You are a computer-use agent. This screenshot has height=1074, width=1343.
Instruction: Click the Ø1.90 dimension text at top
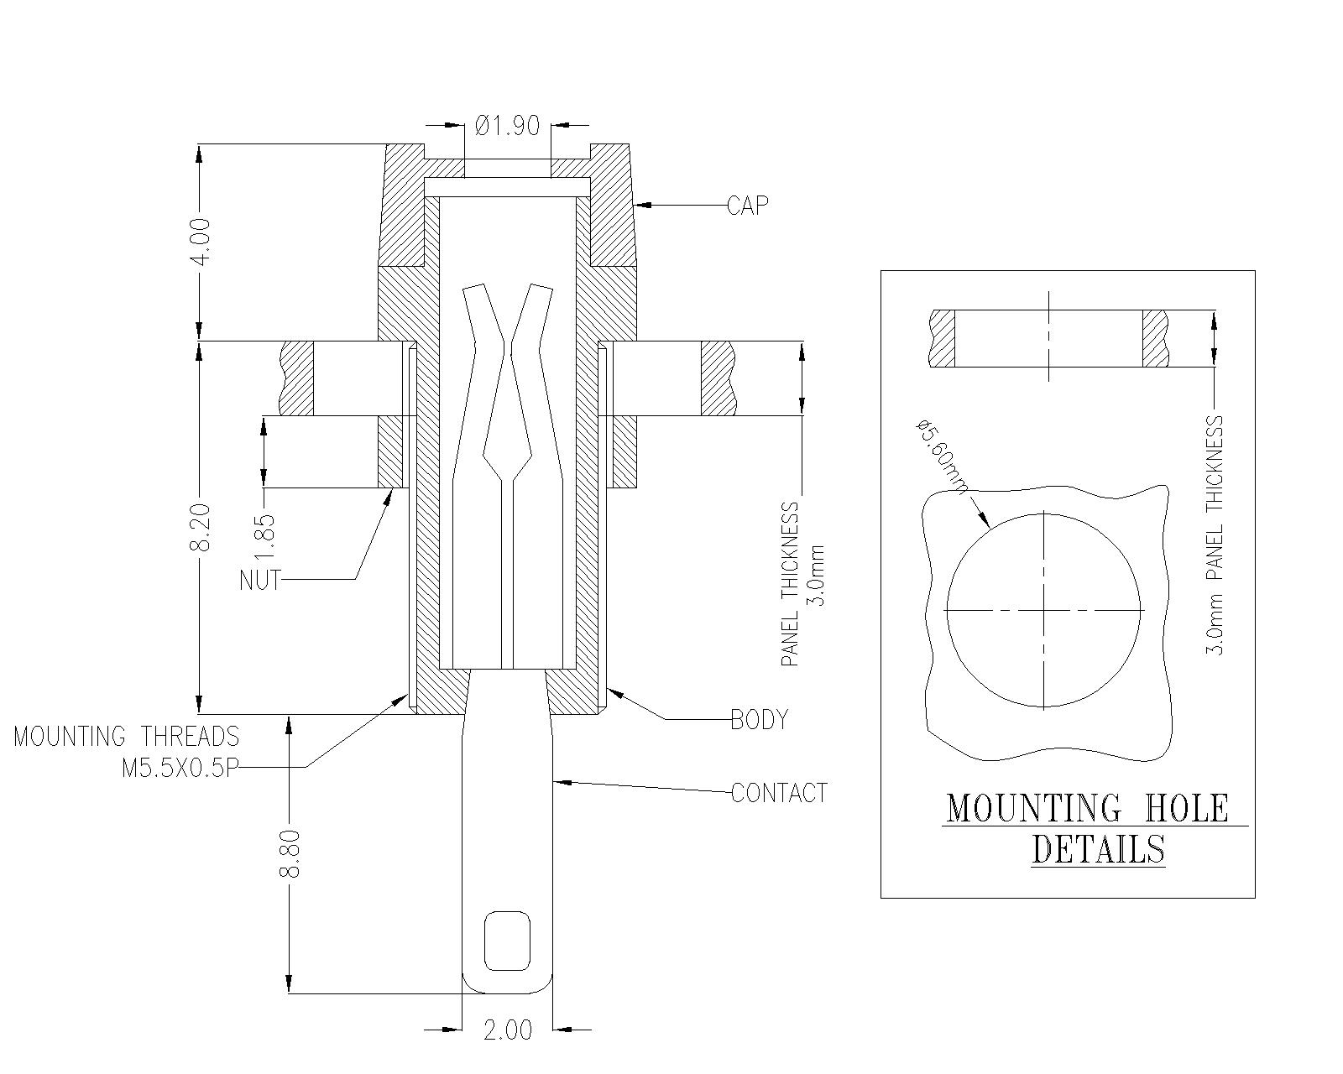coord(507,126)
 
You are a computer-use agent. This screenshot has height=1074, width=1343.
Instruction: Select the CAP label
coord(747,206)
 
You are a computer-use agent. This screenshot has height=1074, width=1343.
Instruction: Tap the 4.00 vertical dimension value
coord(201,242)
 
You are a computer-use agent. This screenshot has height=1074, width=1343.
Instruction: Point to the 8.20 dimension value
coord(201,528)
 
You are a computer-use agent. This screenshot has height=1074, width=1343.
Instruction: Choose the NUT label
coord(259,580)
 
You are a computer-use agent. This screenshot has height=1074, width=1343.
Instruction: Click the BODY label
coord(759,720)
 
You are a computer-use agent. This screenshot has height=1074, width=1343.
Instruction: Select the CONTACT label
coord(779,793)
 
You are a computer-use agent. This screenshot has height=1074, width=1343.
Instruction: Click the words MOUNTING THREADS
coord(127,737)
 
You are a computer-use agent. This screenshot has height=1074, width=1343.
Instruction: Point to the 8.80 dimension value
coord(290,853)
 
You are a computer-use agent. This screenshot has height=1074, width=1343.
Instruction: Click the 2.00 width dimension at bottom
coord(507,1030)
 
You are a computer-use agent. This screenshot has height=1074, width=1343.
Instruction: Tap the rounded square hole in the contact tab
coord(508,940)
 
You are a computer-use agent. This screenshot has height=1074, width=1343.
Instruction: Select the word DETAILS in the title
coord(1098,849)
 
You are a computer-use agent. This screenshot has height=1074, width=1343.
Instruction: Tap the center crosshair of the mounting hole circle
coord(1044,610)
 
